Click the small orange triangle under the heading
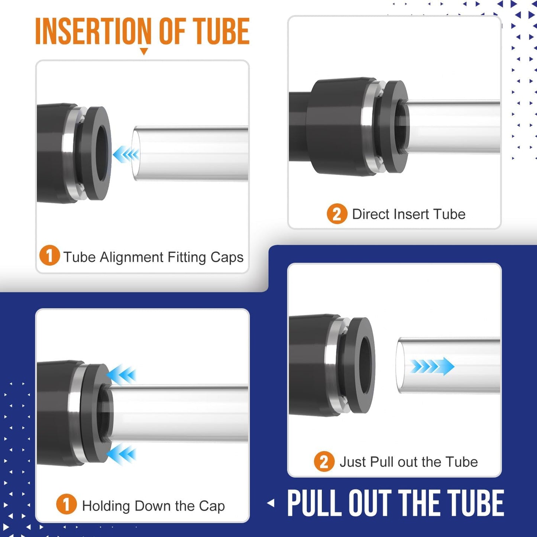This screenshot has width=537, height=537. [144, 51]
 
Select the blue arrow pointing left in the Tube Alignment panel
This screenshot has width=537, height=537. [126, 154]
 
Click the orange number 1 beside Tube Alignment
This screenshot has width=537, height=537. [49, 256]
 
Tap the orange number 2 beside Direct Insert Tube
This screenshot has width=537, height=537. [337, 214]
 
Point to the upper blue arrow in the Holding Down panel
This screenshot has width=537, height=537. [122, 374]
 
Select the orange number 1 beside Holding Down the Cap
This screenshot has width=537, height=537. [67, 504]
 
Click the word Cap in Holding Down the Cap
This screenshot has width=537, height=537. [212, 506]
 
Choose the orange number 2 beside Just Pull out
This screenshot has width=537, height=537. [324, 462]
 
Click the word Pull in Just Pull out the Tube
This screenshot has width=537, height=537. [382, 462]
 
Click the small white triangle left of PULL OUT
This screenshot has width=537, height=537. [271, 503]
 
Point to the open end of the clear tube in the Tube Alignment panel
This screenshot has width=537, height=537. [136, 153]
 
